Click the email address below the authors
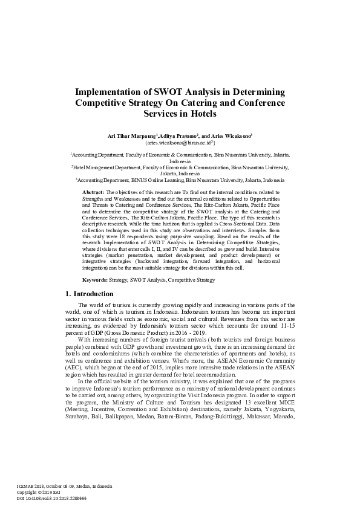[x=180, y=144]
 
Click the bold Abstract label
[x=93, y=192]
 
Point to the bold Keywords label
[x=95, y=280]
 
